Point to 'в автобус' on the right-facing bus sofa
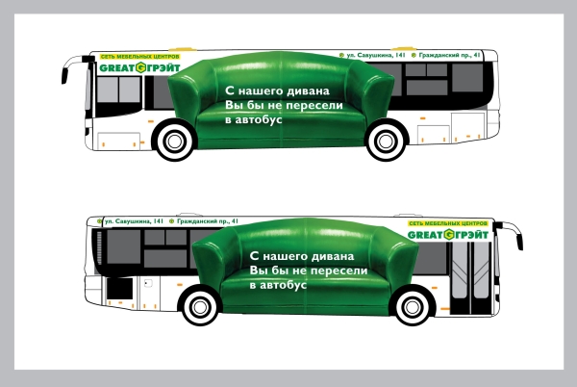point(278,287)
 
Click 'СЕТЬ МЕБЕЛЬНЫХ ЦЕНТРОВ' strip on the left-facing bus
point(130,57)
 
